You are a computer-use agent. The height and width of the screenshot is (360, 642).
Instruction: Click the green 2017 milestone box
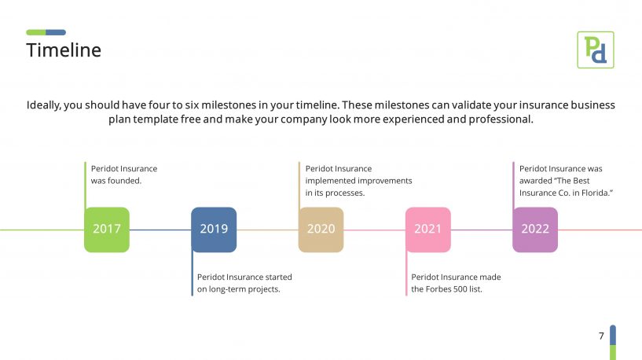pos(107,230)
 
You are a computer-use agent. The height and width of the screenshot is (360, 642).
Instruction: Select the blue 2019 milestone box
pos(214,230)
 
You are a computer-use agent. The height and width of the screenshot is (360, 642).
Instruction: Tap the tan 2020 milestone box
pos(321,230)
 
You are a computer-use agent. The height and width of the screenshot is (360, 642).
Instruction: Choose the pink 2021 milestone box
pos(428,230)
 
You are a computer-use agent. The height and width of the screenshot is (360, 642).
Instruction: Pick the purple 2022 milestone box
pos(535,230)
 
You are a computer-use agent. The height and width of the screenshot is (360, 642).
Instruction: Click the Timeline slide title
pos(64,50)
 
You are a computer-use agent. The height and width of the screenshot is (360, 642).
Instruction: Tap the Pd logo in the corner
pos(596,50)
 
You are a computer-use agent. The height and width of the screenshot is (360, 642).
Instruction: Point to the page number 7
pos(601,336)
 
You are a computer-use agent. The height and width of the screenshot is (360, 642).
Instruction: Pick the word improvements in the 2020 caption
pos(385,181)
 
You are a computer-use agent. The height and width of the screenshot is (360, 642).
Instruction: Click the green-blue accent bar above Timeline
pos(46,32)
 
